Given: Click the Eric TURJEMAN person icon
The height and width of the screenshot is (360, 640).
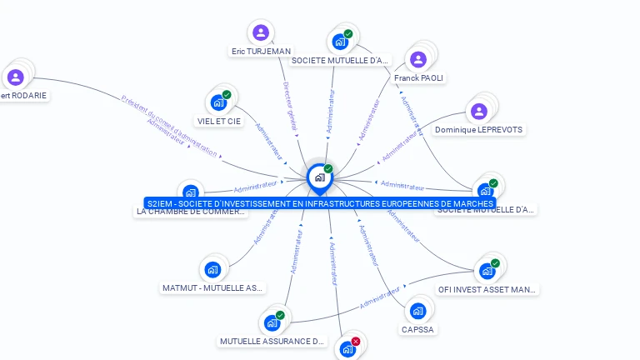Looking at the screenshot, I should click(x=261, y=33).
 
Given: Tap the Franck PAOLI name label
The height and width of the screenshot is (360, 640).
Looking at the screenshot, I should click(x=419, y=78).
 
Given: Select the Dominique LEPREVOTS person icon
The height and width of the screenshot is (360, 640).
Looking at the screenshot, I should click(x=479, y=111).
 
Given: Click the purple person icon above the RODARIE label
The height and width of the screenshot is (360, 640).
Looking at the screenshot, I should click(x=15, y=77).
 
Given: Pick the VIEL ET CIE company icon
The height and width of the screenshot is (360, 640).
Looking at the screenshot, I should click(x=218, y=102).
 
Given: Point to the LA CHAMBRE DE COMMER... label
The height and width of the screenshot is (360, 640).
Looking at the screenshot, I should click(x=192, y=212).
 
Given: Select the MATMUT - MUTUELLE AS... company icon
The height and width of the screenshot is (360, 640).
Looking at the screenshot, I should click(x=212, y=269).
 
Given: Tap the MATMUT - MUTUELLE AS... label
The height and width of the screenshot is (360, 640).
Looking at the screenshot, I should click(x=212, y=288).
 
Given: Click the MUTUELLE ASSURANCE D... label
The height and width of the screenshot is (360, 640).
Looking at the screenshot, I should click(x=272, y=342).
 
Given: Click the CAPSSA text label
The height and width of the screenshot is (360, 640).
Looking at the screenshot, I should click(x=417, y=329).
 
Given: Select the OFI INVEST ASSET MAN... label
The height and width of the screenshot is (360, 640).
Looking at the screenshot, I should click(x=487, y=290).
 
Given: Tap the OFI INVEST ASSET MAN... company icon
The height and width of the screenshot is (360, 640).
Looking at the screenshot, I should click(x=487, y=271).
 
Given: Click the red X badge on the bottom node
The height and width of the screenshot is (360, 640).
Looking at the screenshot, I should click(x=356, y=341).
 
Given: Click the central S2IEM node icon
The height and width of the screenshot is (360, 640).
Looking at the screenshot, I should click(x=319, y=177).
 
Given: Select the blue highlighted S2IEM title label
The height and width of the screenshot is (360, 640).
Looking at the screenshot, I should click(x=320, y=203).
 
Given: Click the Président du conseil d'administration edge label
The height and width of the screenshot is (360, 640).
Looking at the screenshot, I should click(x=170, y=125).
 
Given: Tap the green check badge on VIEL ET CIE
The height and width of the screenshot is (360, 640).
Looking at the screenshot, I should click(x=227, y=94).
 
